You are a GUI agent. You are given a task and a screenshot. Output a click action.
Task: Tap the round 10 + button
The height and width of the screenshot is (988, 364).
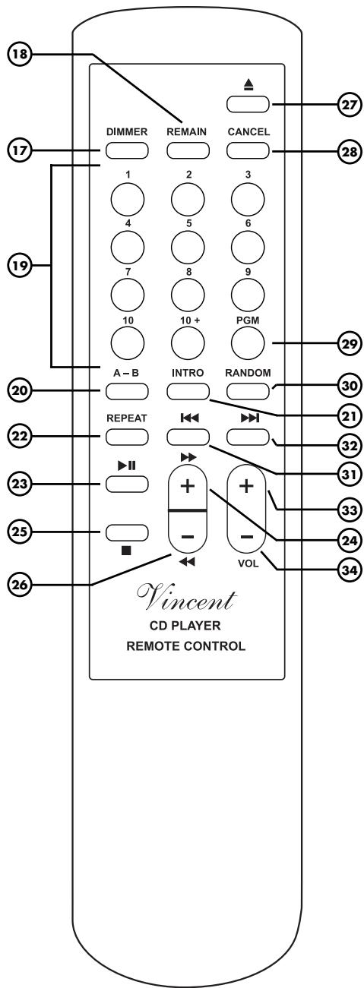(187, 344)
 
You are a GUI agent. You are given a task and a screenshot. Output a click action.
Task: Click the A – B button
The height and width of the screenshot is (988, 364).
(125, 392)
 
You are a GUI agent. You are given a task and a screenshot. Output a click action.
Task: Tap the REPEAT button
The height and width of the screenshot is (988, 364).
(125, 437)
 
